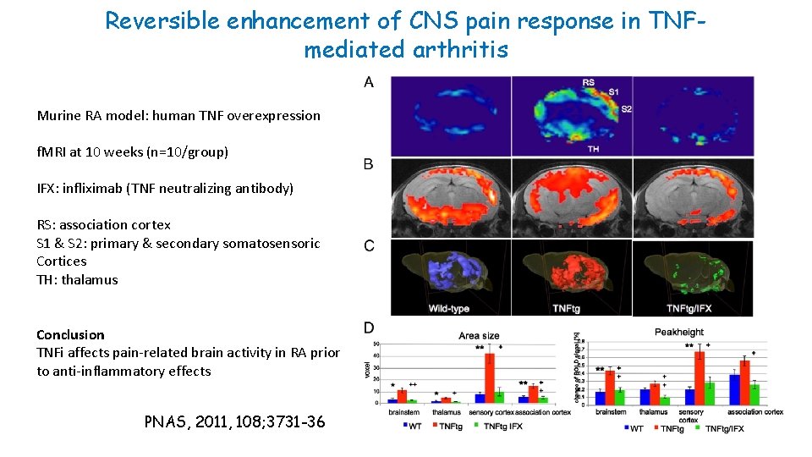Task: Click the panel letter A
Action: pos(369,82)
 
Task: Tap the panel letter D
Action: pos(369,328)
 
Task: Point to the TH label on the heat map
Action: pos(593,148)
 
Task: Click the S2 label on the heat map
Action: pos(626,108)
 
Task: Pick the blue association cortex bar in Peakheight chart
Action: pos(734,388)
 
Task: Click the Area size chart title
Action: pos(478,335)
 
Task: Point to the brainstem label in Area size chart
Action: pos(403,412)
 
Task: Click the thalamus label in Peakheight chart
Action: pos(653,412)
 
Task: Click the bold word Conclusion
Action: pos(71,334)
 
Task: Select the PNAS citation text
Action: pos(234,421)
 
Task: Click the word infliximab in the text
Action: pos(98,188)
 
